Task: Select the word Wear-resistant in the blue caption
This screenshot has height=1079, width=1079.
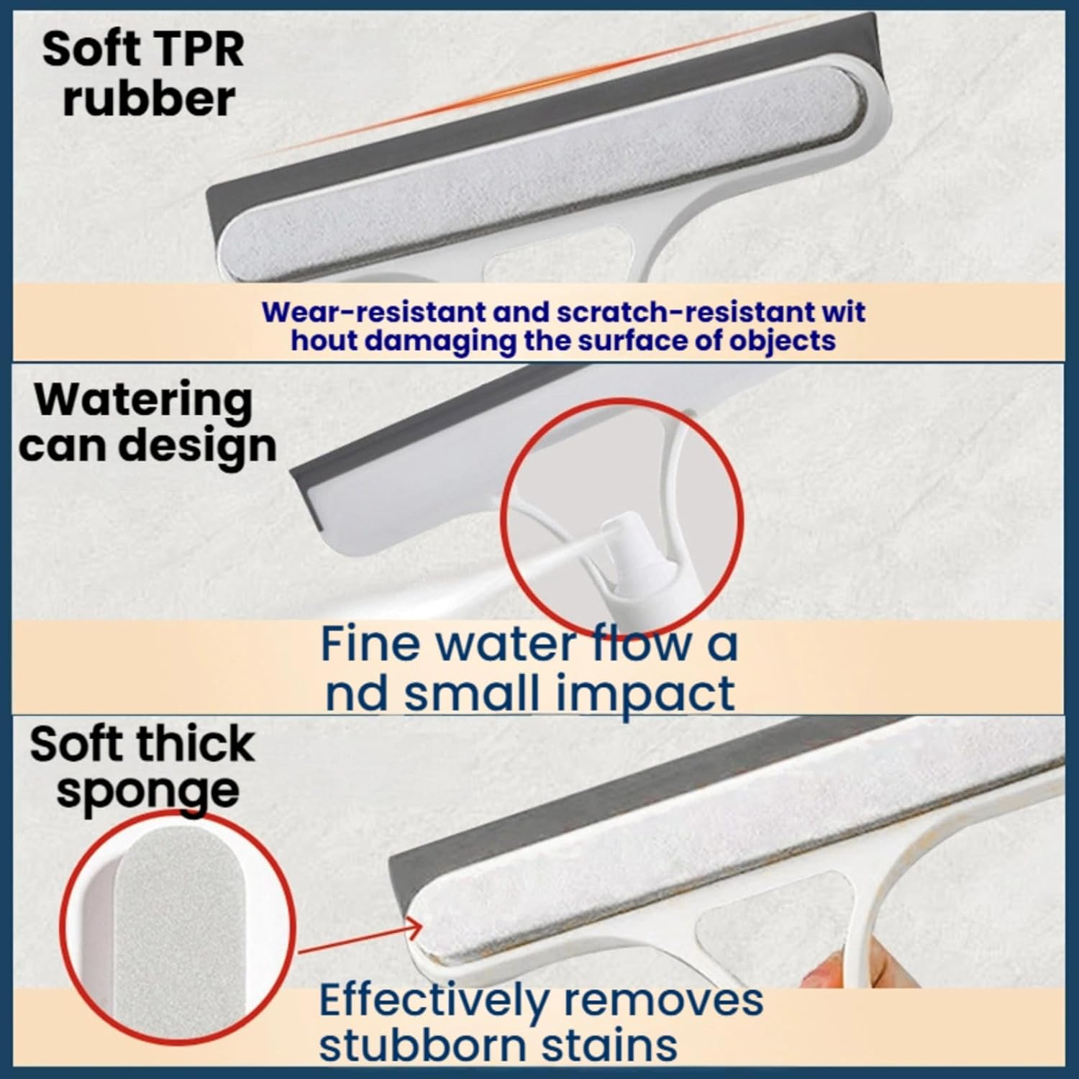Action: [x=373, y=312]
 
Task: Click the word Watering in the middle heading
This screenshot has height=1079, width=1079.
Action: [x=144, y=400]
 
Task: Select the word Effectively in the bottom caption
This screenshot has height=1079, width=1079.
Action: [x=432, y=1001]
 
